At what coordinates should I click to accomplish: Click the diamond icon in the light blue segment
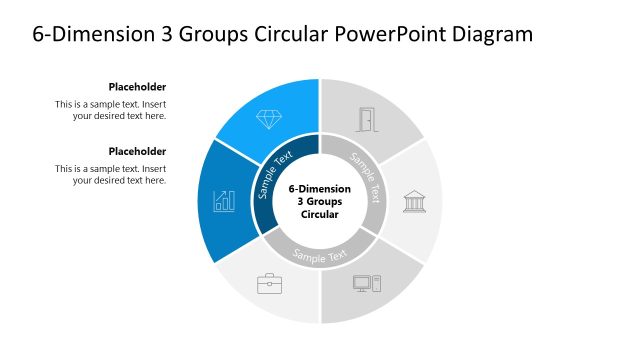(269, 119)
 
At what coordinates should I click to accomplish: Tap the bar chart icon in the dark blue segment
(224, 201)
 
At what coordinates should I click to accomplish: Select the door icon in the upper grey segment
(369, 120)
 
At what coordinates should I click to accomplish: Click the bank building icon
(413, 201)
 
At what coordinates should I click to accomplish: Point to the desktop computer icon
(366, 283)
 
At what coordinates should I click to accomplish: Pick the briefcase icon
(270, 284)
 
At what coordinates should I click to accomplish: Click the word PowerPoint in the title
(381, 35)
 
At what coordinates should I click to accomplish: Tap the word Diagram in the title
(489, 35)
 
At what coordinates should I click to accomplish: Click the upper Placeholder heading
(137, 87)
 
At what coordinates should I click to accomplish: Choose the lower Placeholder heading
(137, 151)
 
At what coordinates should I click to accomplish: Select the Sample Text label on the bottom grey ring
(320, 254)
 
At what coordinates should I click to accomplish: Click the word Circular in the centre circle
(320, 214)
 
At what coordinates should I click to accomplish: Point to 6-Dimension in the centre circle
(320, 188)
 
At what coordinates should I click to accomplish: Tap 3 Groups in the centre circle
(320, 201)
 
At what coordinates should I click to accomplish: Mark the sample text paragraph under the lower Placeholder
(111, 174)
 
